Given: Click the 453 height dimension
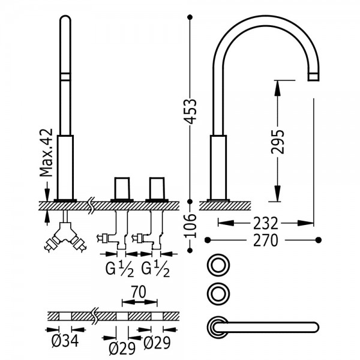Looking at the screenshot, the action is pyautogui.click(x=191, y=112).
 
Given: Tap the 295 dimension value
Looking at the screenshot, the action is pyautogui.click(x=278, y=142).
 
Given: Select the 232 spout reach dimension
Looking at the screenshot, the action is pyautogui.click(x=266, y=223).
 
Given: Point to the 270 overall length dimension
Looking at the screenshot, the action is pyautogui.click(x=266, y=241).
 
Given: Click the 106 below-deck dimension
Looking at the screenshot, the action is pyautogui.click(x=191, y=226).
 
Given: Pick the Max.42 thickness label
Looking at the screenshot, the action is pyautogui.click(x=46, y=152).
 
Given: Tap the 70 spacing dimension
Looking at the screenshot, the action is pyautogui.click(x=139, y=292).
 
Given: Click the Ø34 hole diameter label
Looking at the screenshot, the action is pyautogui.click(x=65, y=341).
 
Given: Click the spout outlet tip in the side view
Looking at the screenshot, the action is pyautogui.click(x=313, y=77).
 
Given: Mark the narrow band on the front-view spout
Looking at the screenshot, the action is pyautogui.click(x=65, y=77).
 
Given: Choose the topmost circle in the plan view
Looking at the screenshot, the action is pyautogui.click(x=218, y=265).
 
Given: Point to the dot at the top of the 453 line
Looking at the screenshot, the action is pyautogui.click(x=190, y=17).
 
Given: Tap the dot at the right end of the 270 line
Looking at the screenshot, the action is pyautogui.click(x=319, y=240).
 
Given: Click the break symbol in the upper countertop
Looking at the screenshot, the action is pyautogui.click(x=92, y=205).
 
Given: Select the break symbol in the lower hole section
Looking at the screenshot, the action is pyautogui.click(x=95, y=316).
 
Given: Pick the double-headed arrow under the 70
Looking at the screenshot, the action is pyautogui.click(x=140, y=302).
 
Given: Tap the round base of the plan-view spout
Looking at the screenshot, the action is pyautogui.click(x=218, y=327).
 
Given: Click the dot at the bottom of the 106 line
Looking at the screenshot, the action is pyautogui.click(x=190, y=250).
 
